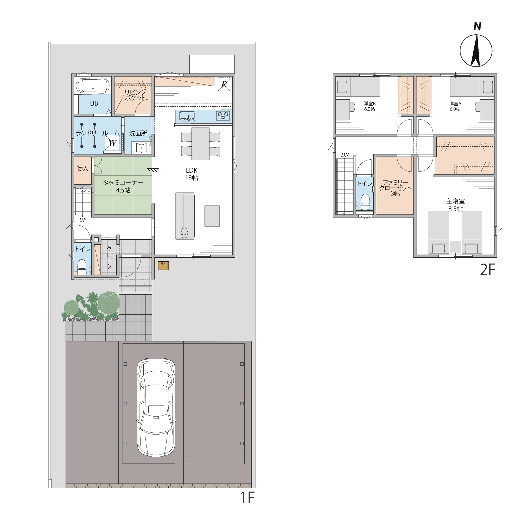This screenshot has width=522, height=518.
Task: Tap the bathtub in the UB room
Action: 93,85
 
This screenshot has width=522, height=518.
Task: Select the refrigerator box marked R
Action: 224,85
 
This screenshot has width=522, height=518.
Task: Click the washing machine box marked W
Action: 112,143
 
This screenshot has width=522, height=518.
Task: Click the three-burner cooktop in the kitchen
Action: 223,116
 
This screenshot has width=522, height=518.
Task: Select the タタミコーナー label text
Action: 123,183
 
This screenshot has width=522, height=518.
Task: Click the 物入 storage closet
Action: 83,171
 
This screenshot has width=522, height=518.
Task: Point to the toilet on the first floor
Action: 82,267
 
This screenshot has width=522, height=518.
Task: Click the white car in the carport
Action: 156,407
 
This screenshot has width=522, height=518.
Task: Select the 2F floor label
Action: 487,269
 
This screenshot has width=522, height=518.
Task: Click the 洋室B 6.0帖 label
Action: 369,106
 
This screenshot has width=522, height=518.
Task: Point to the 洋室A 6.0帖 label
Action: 455,106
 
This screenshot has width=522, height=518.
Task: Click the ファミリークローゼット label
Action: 395,185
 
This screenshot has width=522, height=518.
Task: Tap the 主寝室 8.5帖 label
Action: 456,205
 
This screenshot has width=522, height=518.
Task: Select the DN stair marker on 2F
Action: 345,155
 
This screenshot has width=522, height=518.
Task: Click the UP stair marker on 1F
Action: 83,220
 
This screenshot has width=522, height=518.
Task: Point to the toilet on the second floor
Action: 365,202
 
